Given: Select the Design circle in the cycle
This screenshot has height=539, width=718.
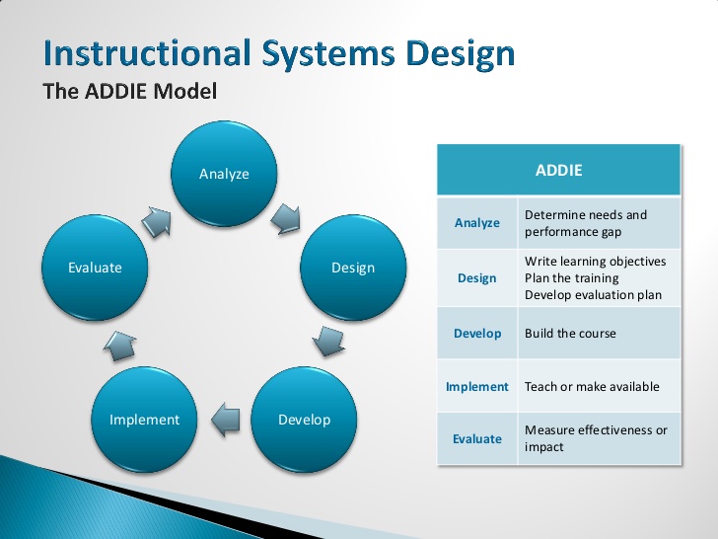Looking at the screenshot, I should (x=352, y=268).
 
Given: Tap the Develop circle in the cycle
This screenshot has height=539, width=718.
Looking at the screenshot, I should (x=304, y=419).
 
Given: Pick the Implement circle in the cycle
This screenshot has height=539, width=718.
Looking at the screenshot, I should (x=144, y=419).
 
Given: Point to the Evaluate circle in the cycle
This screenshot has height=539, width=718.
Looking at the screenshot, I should (x=96, y=268).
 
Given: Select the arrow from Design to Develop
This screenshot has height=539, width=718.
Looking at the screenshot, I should (x=328, y=341).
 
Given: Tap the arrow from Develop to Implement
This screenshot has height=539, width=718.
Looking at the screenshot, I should (x=226, y=418).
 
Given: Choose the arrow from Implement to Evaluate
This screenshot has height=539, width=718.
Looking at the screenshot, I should (x=119, y=344).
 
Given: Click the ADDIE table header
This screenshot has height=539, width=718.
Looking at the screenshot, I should (x=558, y=170).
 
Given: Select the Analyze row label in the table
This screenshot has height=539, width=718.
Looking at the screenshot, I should (x=477, y=223).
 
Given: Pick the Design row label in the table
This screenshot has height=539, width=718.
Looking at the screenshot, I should (x=477, y=278).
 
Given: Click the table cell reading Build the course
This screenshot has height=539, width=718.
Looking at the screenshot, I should (x=570, y=334).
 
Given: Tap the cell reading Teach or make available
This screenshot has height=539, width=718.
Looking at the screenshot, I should (x=592, y=387).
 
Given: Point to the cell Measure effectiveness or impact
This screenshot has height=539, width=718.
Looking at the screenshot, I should (x=596, y=438).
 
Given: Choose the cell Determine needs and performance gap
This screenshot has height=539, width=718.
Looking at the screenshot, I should (x=586, y=223).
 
